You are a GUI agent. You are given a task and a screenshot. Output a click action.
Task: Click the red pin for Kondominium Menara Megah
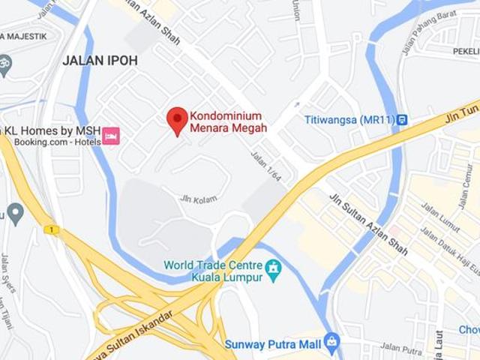[177, 120]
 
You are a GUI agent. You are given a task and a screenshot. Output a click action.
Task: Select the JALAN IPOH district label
[100, 61]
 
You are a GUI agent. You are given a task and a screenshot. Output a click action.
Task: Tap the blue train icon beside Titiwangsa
[403, 119]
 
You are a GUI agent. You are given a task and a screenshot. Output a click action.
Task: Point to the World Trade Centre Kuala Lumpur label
[213, 271]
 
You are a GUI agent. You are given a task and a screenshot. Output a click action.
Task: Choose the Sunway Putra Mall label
[272, 344]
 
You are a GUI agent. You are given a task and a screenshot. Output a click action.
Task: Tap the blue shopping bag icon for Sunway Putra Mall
[331, 343]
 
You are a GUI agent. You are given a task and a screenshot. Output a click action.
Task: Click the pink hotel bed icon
[111, 136]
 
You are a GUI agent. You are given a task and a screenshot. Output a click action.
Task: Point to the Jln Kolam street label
[199, 199]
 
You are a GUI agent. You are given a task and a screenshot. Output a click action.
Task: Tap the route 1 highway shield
[51, 229]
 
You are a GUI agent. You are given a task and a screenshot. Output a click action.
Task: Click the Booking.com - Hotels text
[46, 142]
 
